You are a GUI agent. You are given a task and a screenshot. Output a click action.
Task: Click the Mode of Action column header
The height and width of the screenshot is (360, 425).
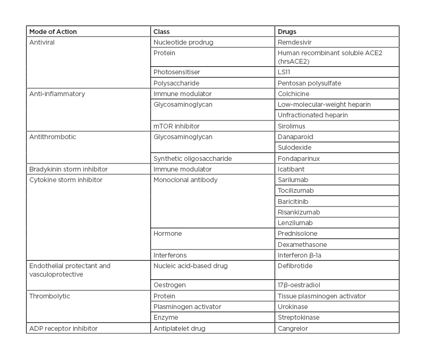[x=53, y=32]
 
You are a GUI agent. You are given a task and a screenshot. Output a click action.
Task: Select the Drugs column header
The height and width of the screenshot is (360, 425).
[x=287, y=32]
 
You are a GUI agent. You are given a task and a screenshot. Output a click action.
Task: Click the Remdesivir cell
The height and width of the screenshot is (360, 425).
[x=295, y=42]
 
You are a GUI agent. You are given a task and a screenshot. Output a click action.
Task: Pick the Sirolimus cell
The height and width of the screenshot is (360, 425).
[x=292, y=126]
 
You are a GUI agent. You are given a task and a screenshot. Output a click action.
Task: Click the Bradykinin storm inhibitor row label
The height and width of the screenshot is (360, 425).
[x=69, y=169]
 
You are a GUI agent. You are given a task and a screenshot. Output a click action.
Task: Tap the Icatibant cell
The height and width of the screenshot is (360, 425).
[x=292, y=169]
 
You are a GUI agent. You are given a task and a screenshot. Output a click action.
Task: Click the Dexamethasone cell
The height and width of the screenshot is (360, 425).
[x=302, y=245]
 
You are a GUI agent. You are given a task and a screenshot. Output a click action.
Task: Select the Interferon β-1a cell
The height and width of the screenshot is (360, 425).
[x=301, y=255]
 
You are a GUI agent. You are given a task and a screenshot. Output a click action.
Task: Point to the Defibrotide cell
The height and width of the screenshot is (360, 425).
[x=295, y=265]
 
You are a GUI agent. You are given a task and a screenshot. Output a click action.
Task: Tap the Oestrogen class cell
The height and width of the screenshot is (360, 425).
[x=169, y=285]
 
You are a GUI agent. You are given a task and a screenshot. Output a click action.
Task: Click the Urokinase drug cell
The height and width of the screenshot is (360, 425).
[x=293, y=307]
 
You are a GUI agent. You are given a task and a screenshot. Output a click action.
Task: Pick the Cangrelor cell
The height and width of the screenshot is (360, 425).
[x=293, y=329]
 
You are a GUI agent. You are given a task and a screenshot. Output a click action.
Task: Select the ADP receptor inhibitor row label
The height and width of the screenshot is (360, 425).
[x=63, y=329]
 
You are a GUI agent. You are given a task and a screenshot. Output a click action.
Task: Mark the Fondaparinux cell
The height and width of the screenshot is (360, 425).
[x=297, y=158]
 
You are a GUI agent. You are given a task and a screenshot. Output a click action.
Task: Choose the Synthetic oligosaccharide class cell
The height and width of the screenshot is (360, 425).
[x=192, y=158]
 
